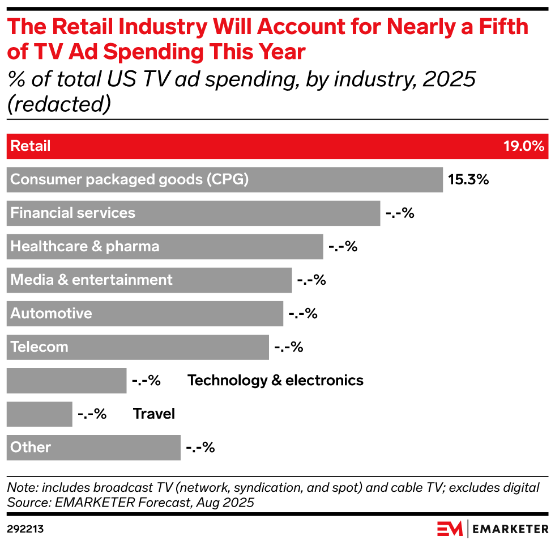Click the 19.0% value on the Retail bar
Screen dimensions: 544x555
tap(524, 146)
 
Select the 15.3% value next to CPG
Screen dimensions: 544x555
tap(468, 180)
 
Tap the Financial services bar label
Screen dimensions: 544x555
tap(73, 213)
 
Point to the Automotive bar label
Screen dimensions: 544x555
tap(51, 314)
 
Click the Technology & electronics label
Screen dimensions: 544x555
tap(275, 380)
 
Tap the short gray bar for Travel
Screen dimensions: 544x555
tap(40, 414)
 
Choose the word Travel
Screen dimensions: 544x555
tap(154, 414)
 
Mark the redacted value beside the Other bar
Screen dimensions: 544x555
tap(200, 448)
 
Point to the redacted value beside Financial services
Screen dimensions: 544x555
tap(400, 213)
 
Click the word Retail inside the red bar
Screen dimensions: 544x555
tap(31, 146)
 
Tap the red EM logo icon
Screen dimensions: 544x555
tap(450, 529)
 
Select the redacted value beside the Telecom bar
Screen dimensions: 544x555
tap(289, 347)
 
